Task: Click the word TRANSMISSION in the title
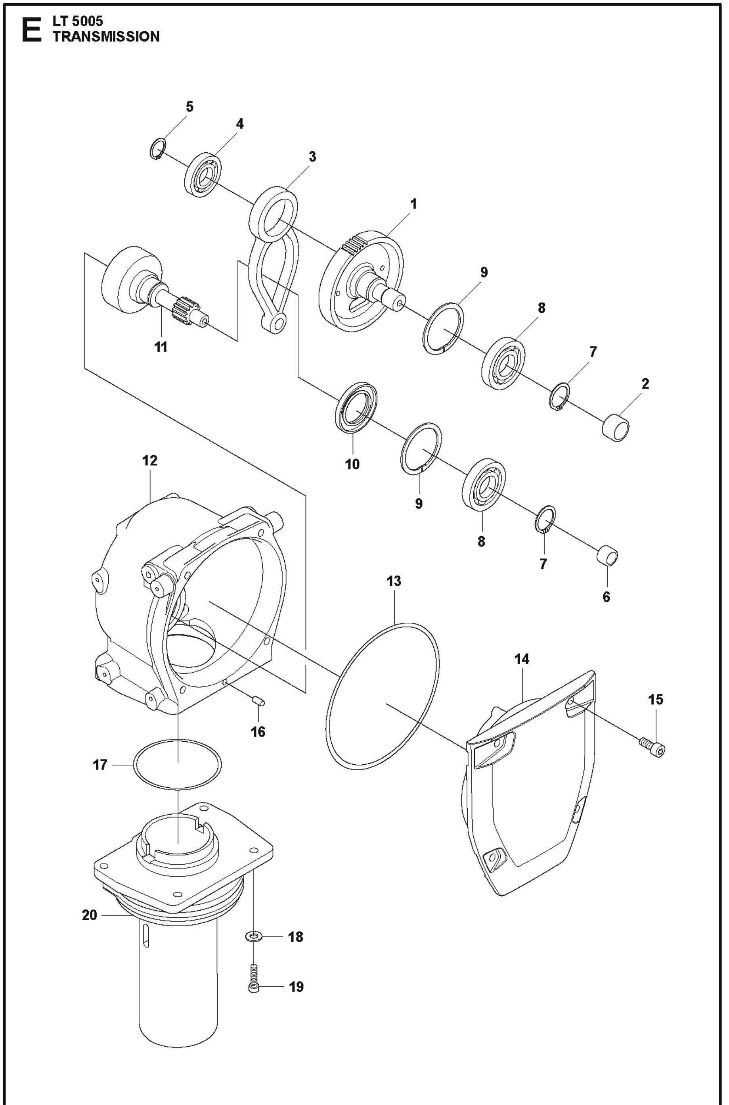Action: click(x=106, y=37)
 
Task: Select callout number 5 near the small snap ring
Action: click(x=189, y=107)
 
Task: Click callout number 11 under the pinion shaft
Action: click(x=161, y=347)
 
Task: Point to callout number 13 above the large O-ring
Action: click(x=394, y=581)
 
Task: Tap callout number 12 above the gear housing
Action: click(x=150, y=460)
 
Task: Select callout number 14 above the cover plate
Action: click(x=522, y=659)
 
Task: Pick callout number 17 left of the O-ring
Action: click(x=100, y=765)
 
